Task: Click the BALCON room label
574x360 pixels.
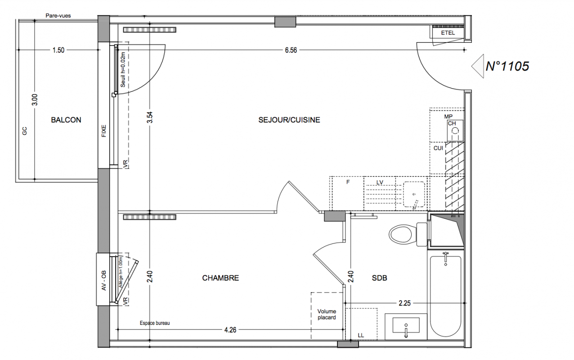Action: click(66, 120)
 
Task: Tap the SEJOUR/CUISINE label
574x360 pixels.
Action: click(289, 120)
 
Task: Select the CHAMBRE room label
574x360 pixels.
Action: click(220, 278)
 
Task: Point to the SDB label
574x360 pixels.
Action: click(380, 278)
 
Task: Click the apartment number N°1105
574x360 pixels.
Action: click(507, 66)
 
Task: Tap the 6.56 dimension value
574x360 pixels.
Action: click(291, 50)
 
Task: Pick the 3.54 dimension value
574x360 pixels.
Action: click(150, 117)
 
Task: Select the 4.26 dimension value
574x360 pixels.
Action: click(230, 330)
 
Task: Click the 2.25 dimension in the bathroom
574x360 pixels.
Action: click(404, 303)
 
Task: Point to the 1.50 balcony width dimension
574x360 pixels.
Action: click(58, 50)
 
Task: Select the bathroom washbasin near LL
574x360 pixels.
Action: click(406, 326)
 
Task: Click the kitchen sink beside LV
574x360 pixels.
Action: click(414, 194)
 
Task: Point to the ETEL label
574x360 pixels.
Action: click(448, 33)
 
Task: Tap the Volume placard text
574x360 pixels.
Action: click(327, 315)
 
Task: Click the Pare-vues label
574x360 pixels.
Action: click(58, 16)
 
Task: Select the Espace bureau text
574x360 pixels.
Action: click(155, 323)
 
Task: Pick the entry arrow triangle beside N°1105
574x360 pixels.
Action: click(478, 66)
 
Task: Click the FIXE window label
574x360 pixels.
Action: click(104, 131)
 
